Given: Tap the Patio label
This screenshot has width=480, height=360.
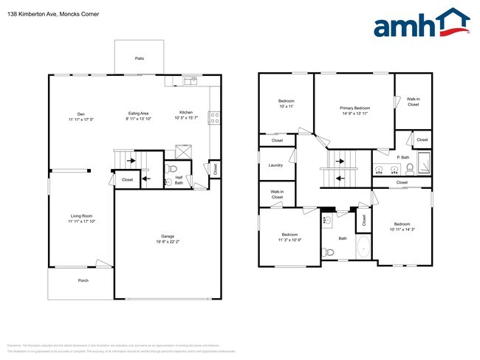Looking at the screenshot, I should pos(140,58).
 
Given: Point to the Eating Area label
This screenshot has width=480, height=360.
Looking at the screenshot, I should pos(138,114).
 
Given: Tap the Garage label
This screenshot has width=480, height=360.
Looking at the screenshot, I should pos(168,236).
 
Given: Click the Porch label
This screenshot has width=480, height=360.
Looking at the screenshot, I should pos(83,281).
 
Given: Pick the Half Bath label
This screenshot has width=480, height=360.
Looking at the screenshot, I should pos(179,179).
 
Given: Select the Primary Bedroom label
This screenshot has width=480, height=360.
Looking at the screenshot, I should pos(355,108).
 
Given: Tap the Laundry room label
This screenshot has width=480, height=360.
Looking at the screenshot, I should pos(275,166).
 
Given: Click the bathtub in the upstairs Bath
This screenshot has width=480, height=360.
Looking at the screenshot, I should pos(363,247).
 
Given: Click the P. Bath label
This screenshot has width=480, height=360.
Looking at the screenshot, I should pos(403,157).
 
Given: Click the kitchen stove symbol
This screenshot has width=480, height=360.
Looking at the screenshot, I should pos(213,116).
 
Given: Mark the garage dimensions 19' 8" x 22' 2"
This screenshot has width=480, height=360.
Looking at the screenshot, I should pos(168,241).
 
